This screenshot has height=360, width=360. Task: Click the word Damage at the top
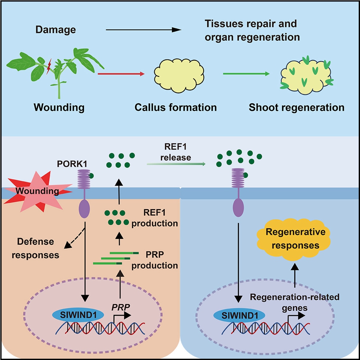56,30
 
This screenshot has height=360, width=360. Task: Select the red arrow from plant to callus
120,74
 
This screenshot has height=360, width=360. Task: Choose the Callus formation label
176,108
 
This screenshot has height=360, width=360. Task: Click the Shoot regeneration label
296,108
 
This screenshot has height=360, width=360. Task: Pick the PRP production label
160,259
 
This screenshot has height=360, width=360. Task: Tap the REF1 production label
160,218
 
